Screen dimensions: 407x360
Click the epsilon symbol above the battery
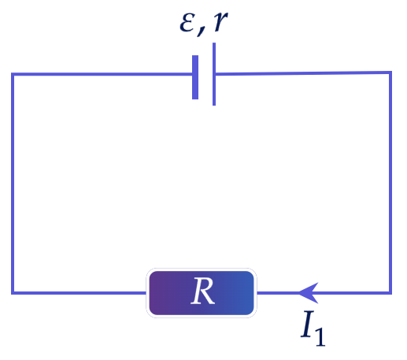[187, 23]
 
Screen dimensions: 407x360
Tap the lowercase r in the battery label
[220, 22]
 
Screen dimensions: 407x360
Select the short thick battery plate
[195, 77]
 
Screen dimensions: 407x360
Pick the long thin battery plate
[214, 74]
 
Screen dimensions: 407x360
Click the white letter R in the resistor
[203, 291]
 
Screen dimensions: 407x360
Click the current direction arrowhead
[309, 293]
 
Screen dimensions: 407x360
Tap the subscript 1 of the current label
[320, 337]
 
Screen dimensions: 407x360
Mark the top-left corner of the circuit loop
[13, 74]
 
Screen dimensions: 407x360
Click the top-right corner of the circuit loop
[390, 72]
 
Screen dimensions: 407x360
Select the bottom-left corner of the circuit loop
[13, 293]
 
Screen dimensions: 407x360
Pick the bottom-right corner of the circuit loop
[390, 293]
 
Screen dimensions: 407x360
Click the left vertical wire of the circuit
[13, 184]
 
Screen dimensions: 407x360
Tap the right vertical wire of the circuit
[390, 183]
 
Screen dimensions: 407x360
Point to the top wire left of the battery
[102, 74]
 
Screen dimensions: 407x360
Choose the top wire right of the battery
[303, 73]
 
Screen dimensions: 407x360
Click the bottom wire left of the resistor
[79, 293]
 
